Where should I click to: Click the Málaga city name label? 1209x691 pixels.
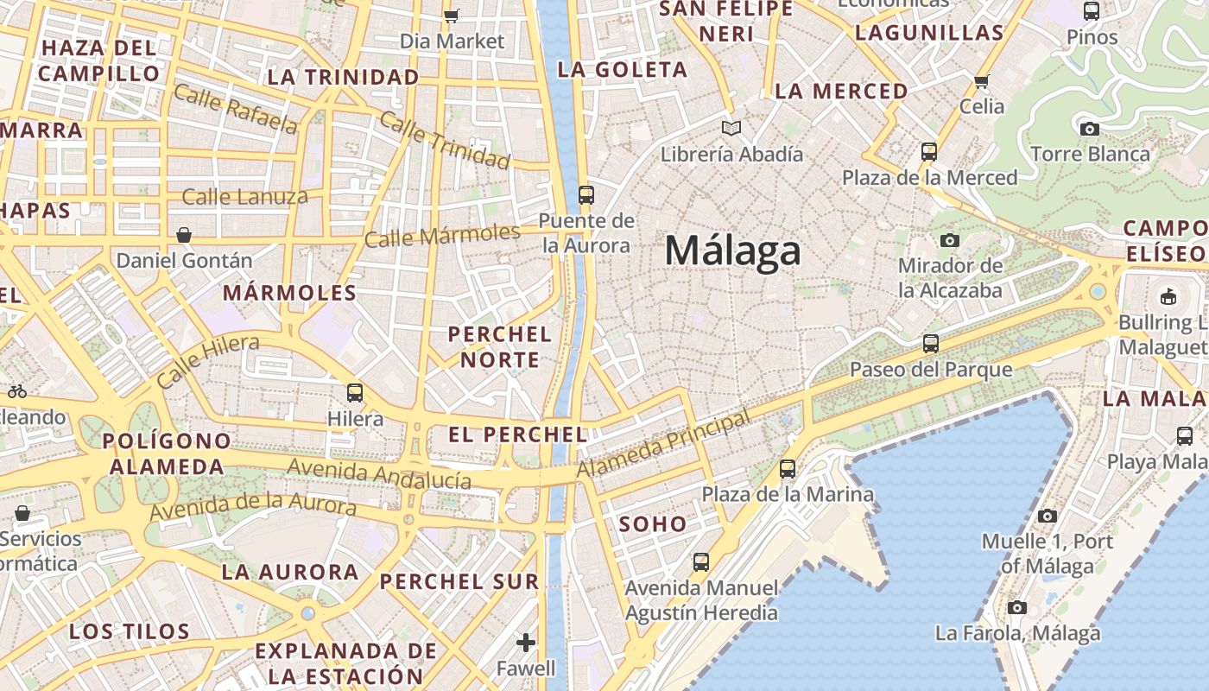(x=732, y=251)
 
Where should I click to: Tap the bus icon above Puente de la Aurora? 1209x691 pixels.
(x=586, y=194)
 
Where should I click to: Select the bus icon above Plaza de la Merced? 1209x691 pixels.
(x=929, y=152)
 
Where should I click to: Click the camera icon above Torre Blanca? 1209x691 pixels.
(x=1090, y=129)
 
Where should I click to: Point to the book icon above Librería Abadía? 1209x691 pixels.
(x=731, y=129)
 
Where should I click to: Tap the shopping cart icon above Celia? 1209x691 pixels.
(x=981, y=82)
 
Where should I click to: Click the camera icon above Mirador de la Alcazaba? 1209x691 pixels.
(x=950, y=240)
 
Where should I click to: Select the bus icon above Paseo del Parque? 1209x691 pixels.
(x=930, y=344)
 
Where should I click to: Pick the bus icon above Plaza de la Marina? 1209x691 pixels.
(x=788, y=469)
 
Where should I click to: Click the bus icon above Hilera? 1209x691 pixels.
(x=355, y=393)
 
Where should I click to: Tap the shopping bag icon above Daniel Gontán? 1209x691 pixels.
(x=184, y=234)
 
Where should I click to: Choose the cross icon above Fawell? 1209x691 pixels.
(x=526, y=643)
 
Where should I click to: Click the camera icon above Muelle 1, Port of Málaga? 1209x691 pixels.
(x=1047, y=517)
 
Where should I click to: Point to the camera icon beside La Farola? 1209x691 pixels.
(x=1017, y=607)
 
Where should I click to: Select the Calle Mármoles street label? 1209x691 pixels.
(x=442, y=235)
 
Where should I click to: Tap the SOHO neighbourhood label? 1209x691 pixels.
(x=653, y=524)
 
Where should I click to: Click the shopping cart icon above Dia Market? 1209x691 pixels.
(x=452, y=16)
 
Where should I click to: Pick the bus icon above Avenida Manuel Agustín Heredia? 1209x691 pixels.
(x=701, y=562)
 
